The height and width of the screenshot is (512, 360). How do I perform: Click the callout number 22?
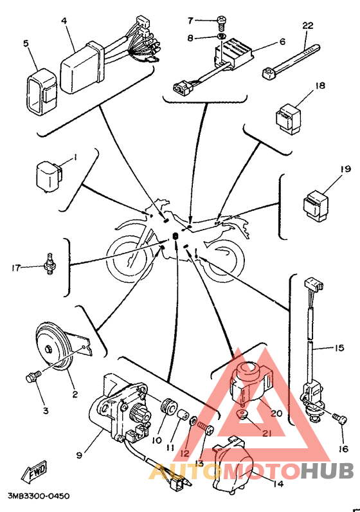pyautogui.click(x=308, y=25)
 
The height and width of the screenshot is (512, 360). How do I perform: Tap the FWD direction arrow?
pyautogui.click(x=34, y=472)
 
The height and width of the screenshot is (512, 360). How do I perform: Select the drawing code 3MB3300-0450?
pyautogui.click(x=39, y=497)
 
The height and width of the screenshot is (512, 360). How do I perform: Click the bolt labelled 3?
pyautogui.click(x=33, y=376)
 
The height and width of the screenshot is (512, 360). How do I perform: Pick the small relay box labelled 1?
pyautogui.click(x=49, y=177)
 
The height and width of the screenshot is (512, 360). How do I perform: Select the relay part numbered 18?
pyautogui.click(x=289, y=118)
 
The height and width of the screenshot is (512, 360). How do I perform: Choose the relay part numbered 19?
pyautogui.click(x=316, y=205)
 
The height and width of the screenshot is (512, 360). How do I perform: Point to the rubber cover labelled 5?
pyautogui.click(x=41, y=92)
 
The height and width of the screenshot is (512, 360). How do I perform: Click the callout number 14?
pyautogui.click(x=278, y=484)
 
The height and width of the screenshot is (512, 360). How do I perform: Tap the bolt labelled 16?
pyautogui.click(x=339, y=419)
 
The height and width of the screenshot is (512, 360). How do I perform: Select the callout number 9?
pyautogui.click(x=79, y=455)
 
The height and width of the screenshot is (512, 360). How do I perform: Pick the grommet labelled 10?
pyautogui.click(x=169, y=408)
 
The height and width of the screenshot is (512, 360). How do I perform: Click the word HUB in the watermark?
pyautogui.click(x=327, y=471)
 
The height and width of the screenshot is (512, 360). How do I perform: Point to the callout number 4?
pyautogui.click(x=64, y=21)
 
